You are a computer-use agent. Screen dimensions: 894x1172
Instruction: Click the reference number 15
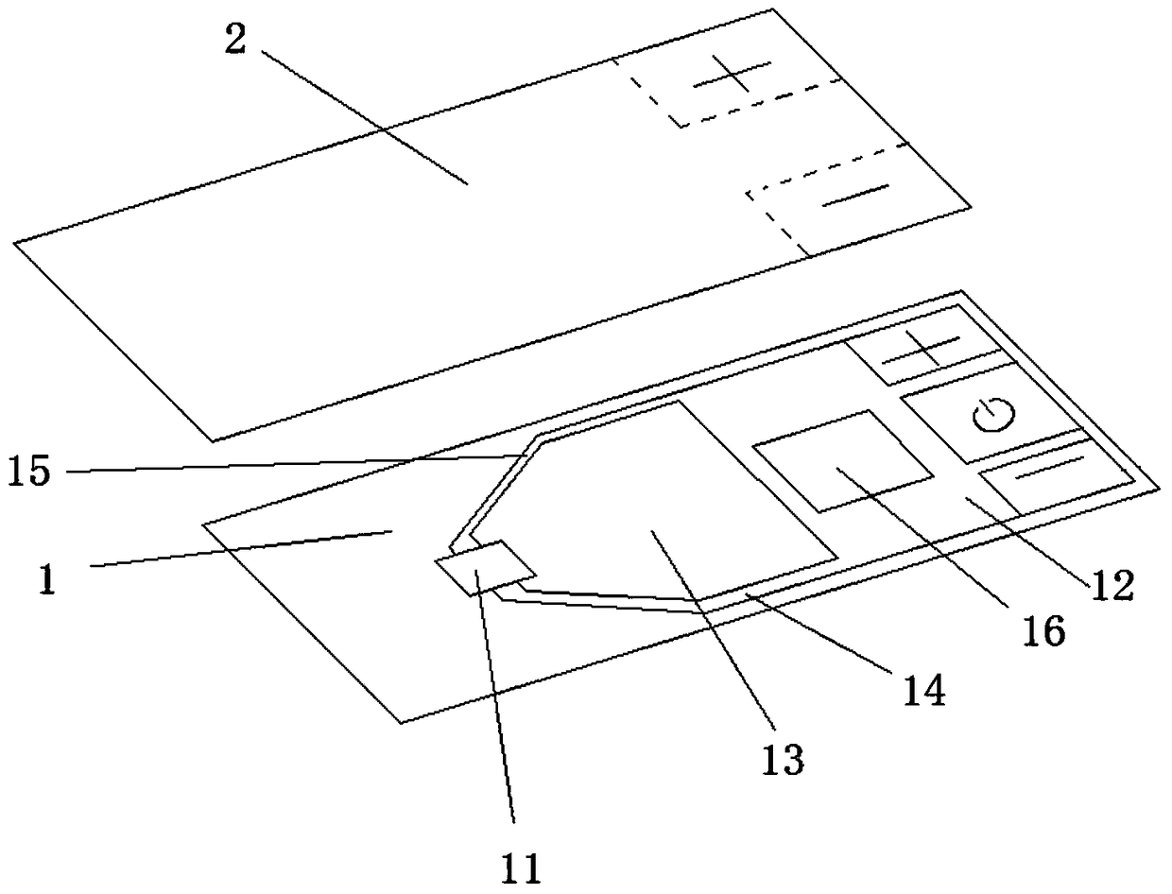point(31,470)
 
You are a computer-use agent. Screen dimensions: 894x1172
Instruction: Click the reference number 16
point(1043,628)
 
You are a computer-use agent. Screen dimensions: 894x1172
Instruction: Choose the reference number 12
point(1112,585)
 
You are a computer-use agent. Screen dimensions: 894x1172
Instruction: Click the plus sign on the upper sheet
point(732,74)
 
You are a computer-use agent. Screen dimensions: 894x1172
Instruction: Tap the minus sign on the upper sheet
point(855,195)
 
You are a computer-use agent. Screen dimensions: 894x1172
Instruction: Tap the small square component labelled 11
point(484,567)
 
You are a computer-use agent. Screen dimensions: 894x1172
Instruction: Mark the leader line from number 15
point(284,463)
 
